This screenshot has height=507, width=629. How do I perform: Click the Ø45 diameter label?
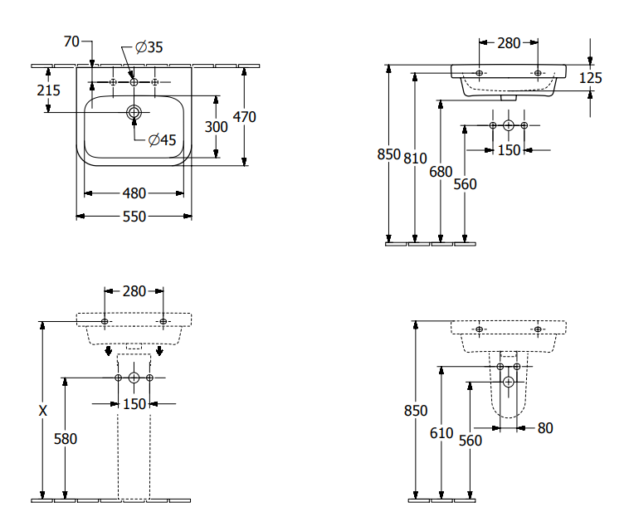[162, 139]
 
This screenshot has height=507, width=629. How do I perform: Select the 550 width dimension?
[134, 217]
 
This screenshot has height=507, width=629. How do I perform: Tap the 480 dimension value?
[134, 193]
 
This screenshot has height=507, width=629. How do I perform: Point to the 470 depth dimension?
[244, 117]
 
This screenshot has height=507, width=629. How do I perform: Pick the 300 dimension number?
[216, 126]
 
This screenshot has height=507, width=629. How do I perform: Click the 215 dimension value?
[49, 90]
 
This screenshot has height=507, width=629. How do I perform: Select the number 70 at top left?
[71, 41]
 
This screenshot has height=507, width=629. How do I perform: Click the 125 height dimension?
[591, 78]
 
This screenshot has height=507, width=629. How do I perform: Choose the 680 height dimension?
[441, 172]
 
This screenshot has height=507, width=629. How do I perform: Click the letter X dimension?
[43, 411]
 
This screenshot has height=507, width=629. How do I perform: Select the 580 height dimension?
[65, 439]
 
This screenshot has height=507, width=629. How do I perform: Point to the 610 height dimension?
[441, 432]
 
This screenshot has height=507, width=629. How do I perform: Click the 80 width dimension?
[545, 428]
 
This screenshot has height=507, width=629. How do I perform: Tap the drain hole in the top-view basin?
[134, 111]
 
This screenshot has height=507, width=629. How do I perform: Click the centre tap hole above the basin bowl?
[134, 82]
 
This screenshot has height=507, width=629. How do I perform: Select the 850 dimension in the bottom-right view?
[416, 411]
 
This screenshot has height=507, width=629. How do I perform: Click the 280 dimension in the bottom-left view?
[134, 291]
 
